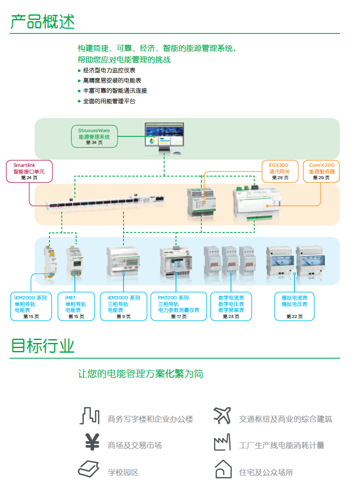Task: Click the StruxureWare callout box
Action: [x=94, y=136]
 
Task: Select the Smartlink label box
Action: [x=29, y=171]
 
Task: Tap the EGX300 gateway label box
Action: [x=280, y=171]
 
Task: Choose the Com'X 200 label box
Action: [x=322, y=171]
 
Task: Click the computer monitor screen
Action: [x=164, y=134]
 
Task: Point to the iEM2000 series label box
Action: [x=31, y=307]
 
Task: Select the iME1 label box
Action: [x=76, y=307]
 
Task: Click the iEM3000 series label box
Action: [x=124, y=307]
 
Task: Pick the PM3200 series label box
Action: [x=179, y=307]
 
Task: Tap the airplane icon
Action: [x=223, y=415]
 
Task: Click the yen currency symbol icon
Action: [x=92, y=442]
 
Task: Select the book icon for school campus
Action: [x=88, y=469]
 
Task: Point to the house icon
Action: [x=223, y=469]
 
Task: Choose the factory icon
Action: [x=223, y=442]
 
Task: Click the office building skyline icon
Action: [x=90, y=416]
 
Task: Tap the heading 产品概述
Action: [x=43, y=22]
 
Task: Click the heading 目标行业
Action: [x=43, y=346]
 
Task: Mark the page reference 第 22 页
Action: [x=294, y=317]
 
